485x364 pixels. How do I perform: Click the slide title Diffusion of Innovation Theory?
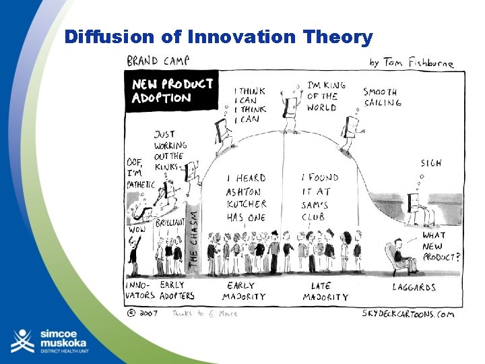218,37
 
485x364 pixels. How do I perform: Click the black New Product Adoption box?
172,90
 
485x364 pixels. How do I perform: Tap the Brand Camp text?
158,60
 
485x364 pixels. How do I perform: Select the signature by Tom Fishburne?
411,63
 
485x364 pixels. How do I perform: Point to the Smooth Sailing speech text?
382,97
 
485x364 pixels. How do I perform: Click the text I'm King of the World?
327,96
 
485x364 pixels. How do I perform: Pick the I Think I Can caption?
249,105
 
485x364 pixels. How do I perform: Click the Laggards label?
414,287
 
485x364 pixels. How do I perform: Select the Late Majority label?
325,291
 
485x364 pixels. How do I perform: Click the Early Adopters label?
177,291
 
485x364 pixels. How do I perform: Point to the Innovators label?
140,291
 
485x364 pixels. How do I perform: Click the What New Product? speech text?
441,246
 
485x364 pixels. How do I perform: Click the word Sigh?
431,163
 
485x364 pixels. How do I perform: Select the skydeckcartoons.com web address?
408,313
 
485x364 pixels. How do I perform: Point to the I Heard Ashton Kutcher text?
246,198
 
